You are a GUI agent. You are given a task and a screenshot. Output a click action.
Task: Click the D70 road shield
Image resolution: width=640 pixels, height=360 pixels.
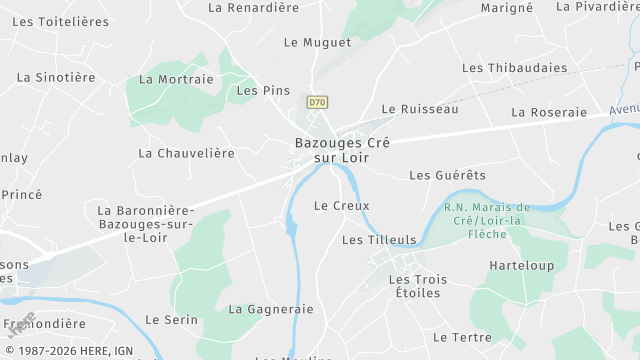(317, 102)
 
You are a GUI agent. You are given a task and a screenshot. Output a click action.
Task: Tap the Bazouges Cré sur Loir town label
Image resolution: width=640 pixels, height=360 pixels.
(342, 150)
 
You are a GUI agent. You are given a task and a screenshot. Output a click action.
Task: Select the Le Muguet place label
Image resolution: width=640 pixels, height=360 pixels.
(318, 43)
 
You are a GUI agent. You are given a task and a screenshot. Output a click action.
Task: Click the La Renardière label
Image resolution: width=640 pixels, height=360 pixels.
(254, 7)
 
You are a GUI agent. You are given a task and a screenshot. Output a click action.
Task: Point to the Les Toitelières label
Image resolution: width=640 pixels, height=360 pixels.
(59, 21)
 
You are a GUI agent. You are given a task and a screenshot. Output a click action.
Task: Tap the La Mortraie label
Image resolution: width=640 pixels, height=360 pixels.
(177, 79)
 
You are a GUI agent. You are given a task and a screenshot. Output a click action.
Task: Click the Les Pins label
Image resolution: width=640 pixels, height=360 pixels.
(263, 90)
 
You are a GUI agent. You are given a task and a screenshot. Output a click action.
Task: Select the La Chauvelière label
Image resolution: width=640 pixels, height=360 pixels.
(187, 153)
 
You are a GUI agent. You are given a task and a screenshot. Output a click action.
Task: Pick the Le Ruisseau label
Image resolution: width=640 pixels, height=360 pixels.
(420, 109)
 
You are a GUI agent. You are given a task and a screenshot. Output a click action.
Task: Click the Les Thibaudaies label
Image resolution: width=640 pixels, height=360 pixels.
(515, 68)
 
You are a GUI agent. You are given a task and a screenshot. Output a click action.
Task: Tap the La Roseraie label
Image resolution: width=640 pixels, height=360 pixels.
(549, 112)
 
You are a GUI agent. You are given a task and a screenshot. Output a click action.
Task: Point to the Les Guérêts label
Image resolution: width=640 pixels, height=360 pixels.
(448, 175)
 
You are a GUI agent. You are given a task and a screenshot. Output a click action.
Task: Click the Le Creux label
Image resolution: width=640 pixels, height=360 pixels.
(342, 206)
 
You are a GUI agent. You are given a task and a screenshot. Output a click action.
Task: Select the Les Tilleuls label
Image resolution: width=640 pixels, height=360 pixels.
(379, 240)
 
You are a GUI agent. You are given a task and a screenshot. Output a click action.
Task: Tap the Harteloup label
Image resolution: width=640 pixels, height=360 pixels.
(522, 266)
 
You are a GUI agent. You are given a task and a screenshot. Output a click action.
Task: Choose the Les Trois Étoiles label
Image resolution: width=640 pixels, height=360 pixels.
(418, 286)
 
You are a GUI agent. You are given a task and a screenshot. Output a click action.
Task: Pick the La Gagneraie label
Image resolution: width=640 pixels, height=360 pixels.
(271, 310)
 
